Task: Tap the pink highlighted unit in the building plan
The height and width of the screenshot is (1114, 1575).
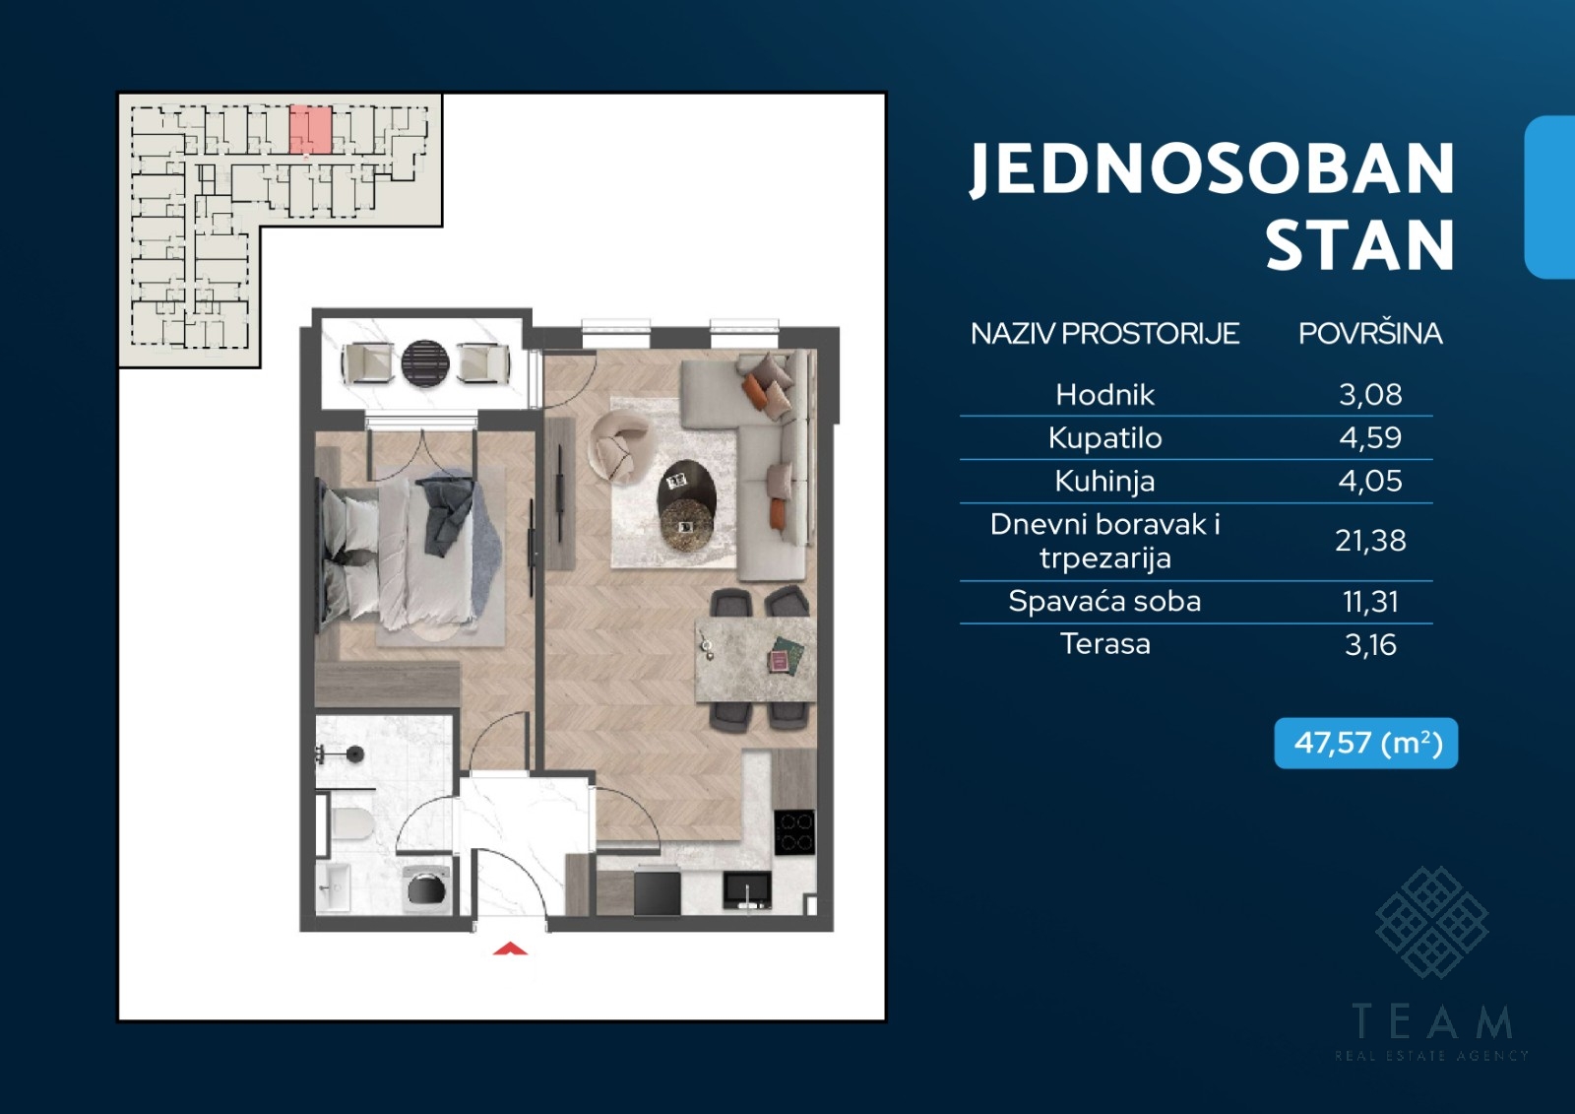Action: click(x=311, y=129)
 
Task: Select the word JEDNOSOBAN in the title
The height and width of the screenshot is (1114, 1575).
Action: click(x=1212, y=169)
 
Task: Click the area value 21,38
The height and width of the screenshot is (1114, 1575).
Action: click(x=1370, y=541)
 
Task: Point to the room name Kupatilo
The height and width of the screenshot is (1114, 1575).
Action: click(x=1104, y=437)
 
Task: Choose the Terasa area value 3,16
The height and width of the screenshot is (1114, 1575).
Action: click(x=1370, y=644)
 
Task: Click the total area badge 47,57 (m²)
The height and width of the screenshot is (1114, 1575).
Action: click(x=1365, y=743)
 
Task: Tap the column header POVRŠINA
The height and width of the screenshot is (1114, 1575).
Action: click(x=1370, y=334)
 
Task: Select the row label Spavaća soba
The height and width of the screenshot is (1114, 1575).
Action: click(x=1104, y=601)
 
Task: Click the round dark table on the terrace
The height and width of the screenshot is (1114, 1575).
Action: click(x=424, y=363)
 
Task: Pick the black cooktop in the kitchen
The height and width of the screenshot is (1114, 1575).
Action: click(x=794, y=831)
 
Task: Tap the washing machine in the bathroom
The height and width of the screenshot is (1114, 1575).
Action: click(x=427, y=889)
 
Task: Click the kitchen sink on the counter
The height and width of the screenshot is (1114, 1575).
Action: click(x=747, y=891)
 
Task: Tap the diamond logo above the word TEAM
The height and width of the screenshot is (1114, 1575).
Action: click(x=1431, y=922)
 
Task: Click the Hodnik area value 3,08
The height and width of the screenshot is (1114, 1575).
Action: click(x=1370, y=395)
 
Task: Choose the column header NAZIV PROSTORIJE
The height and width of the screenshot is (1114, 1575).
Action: click(x=1104, y=334)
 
